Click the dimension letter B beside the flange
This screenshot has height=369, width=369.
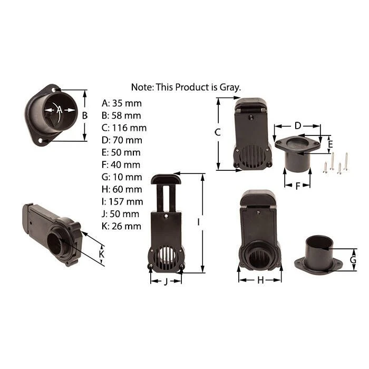coord(85,115)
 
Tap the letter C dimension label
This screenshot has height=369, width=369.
coord(218,132)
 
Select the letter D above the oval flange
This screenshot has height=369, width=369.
coord(298,125)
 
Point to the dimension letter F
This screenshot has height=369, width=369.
coord(298,186)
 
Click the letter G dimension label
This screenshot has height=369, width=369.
coord(353,260)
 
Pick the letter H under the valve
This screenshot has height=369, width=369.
coord(260,280)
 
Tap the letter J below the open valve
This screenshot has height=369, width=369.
coord(166,281)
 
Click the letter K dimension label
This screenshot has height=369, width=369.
coord(101,254)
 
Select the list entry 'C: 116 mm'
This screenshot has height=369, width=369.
coord(124,128)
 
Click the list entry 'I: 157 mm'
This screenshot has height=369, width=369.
coord(123,202)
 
